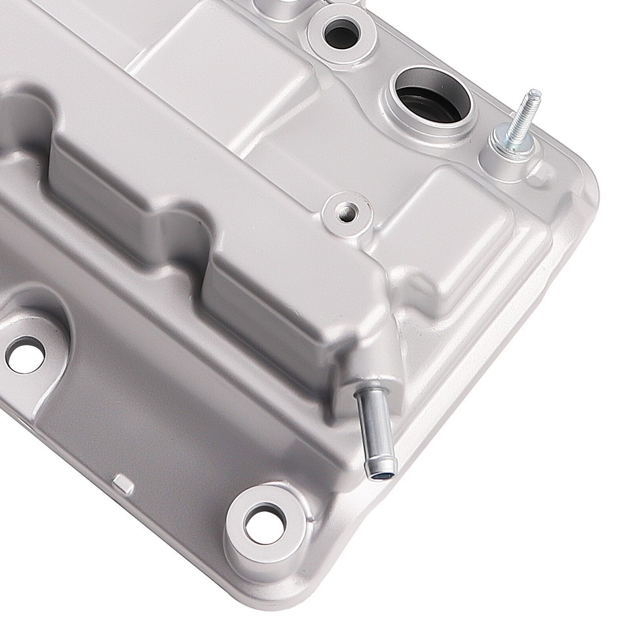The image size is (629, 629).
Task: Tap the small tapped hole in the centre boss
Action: coord(346,211)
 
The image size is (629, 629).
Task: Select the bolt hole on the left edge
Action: coord(24,354)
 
